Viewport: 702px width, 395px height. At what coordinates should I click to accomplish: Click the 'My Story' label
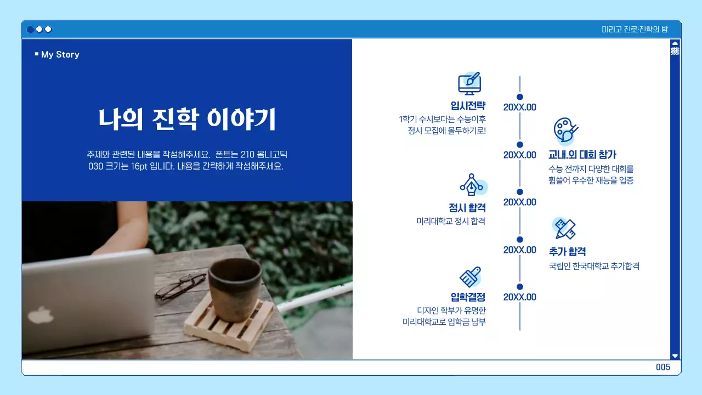(x=60, y=54)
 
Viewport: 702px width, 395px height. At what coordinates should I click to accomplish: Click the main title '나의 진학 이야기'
(x=187, y=119)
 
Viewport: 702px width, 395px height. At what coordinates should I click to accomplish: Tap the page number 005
(x=663, y=368)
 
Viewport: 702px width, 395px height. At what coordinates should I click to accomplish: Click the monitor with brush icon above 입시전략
(x=469, y=83)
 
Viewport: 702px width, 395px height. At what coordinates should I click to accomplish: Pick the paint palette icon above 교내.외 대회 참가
(x=565, y=131)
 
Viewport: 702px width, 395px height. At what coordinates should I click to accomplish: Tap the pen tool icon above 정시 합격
(x=471, y=185)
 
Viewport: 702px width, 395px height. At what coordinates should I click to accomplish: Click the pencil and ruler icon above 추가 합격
(x=565, y=228)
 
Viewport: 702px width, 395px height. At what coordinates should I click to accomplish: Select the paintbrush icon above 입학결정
(x=470, y=277)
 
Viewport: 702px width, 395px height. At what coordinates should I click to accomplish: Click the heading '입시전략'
(x=468, y=106)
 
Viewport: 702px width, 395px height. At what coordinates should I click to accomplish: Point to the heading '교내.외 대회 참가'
(x=582, y=155)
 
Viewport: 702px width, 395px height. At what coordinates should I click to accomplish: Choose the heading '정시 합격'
(x=467, y=208)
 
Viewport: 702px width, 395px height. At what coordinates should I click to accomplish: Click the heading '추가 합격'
(x=568, y=252)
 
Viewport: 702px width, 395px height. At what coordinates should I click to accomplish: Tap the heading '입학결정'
(x=468, y=297)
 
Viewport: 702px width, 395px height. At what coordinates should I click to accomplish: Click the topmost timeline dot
(x=520, y=97)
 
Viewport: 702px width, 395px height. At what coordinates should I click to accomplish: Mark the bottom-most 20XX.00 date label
(x=519, y=297)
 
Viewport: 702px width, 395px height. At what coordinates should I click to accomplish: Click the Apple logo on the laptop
(x=37, y=315)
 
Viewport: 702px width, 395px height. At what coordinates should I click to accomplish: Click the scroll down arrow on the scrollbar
(x=675, y=356)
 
